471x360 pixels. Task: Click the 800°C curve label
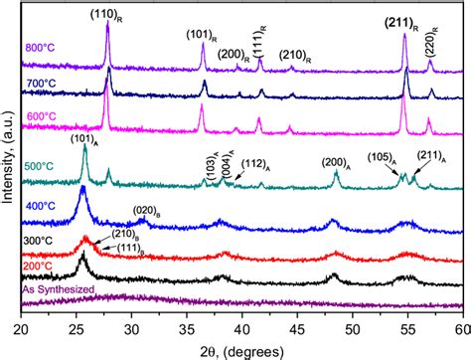[44, 44]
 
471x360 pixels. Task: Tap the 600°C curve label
[44, 117]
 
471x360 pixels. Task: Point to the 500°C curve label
[44, 165]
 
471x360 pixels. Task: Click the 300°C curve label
[44, 241]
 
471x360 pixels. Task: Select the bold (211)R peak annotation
[405, 18]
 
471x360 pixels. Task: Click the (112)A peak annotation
[257, 165]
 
